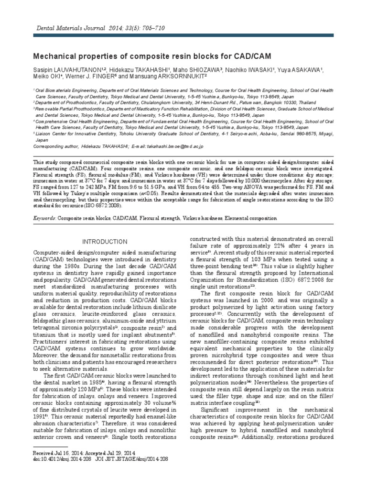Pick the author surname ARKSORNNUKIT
[179, 76]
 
